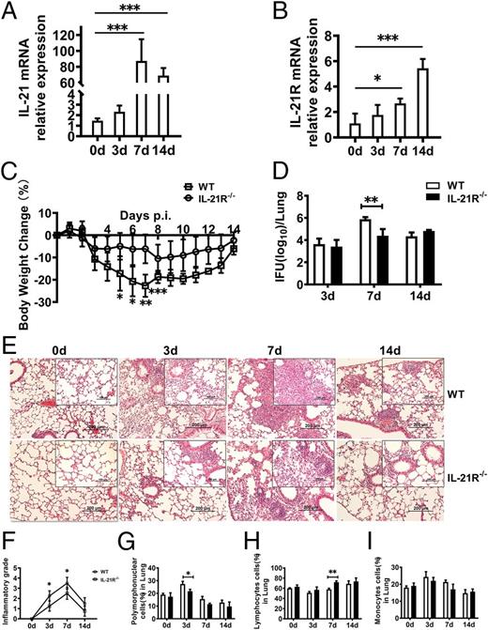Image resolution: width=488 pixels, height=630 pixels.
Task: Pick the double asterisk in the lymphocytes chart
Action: (x=332, y=571)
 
